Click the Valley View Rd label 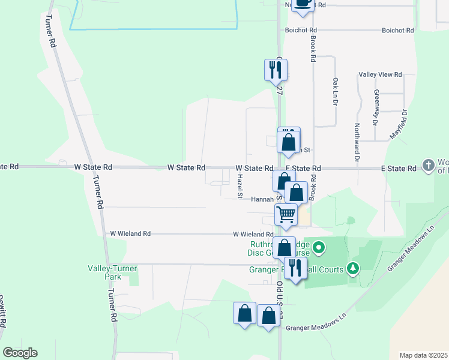pos(380,74)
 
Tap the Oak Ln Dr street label pos(334,91)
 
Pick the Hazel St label pos(240,187)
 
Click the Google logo pos(20,353)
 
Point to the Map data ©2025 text pos(423,355)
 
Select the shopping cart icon pos(286,214)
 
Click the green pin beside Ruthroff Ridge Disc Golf pos(319,247)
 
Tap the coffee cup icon pos(303,2)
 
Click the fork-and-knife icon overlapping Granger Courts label pos(294,267)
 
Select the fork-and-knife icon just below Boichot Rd pos(276,69)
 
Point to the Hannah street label pos(262,199)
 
